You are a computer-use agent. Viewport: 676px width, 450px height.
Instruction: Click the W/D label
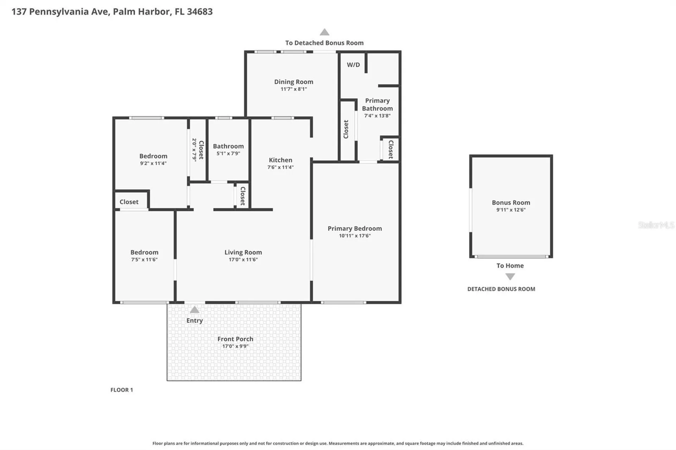pos(353,65)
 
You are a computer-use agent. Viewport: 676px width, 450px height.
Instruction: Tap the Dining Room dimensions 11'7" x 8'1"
pos(294,89)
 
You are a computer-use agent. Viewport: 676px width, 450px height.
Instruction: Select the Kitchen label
pos(280,160)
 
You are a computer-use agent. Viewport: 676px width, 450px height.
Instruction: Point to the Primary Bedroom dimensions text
pos(355,236)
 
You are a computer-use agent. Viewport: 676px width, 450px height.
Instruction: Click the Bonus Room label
pos(511,203)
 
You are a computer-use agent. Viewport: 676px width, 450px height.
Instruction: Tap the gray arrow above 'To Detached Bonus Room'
pos(324,32)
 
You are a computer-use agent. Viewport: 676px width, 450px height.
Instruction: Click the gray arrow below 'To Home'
pos(510,277)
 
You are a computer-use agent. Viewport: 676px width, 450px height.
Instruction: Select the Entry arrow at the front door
pos(194,310)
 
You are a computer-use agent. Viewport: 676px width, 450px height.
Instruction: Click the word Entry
pos(194,321)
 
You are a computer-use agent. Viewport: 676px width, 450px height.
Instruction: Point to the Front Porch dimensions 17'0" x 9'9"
pos(235,346)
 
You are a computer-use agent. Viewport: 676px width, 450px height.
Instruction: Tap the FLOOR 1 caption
pos(122,390)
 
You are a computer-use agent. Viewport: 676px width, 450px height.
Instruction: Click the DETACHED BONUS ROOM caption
pos(501,289)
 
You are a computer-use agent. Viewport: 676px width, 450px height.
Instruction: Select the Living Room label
pos(243,252)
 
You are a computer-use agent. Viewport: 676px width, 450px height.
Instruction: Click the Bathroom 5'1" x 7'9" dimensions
pos(228,153)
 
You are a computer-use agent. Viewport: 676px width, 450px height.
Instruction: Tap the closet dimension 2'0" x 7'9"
pos(194,150)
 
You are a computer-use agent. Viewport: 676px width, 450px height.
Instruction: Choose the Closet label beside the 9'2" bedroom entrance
pos(129,202)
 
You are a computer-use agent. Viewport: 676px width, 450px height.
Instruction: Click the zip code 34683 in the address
pos(200,12)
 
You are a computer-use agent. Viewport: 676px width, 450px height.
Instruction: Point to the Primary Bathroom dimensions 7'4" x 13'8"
pos(377,116)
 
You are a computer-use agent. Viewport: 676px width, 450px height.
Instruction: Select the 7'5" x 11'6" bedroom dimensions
pos(144,260)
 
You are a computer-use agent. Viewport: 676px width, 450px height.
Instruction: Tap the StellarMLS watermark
pos(656,225)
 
